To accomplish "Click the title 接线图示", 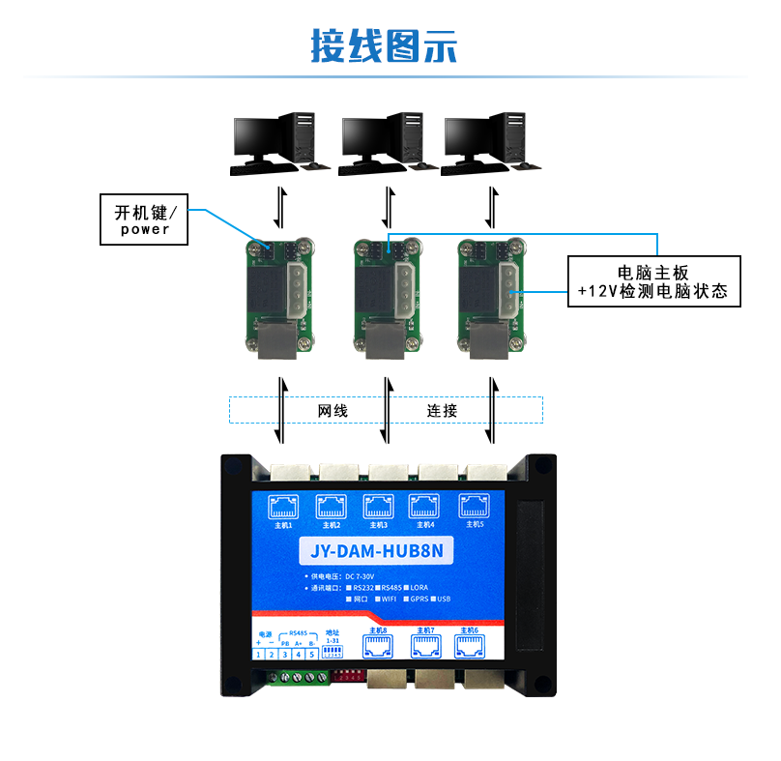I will pyautogui.click(x=384, y=45).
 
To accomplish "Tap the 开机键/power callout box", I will pyautogui.click(x=144, y=220).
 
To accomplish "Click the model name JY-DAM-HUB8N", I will pyautogui.click(x=377, y=552).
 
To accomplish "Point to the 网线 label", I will pyautogui.click(x=333, y=410).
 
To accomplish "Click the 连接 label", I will pyautogui.click(x=442, y=410).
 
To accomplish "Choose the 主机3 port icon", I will pyautogui.click(x=377, y=506).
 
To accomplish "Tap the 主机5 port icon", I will pyautogui.click(x=474, y=505).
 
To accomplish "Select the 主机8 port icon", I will pyautogui.click(x=377, y=646).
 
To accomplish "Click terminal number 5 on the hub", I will pyautogui.click(x=312, y=655).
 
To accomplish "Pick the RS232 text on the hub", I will pyautogui.click(x=364, y=587).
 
